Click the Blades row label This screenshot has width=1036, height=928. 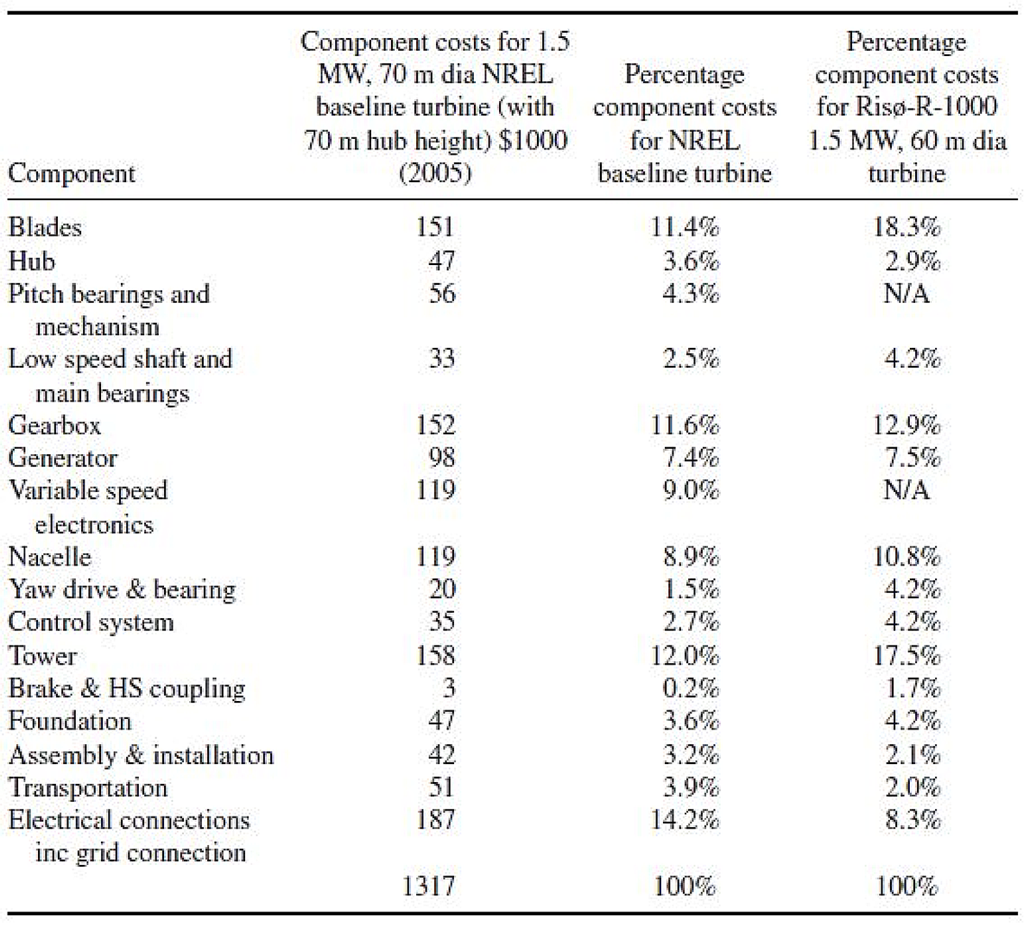[45, 227]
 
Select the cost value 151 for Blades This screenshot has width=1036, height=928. [435, 227]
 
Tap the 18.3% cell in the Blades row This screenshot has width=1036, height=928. [906, 227]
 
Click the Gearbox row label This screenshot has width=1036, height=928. [54, 426]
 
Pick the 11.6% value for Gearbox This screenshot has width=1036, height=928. [684, 426]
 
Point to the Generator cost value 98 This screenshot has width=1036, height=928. [442, 458]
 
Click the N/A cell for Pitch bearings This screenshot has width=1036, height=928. [906, 294]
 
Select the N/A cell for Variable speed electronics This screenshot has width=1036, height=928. [906, 490]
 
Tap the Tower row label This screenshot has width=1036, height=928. [42, 656]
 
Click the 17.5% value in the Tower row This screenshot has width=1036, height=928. [906, 656]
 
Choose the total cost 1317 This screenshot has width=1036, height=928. [428, 886]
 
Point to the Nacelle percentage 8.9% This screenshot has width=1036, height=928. [691, 557]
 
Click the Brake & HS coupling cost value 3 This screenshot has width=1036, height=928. [448, 688]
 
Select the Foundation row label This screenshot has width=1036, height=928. [70, 722]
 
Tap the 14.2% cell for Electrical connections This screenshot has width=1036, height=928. [684, 820]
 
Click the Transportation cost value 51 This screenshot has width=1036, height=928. [442, 787]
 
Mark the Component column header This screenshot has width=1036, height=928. [72, 174]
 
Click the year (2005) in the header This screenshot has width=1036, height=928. [435, 174]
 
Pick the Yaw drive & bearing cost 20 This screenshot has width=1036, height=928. [442, 590]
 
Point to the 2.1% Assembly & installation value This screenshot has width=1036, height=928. [913, 754]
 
